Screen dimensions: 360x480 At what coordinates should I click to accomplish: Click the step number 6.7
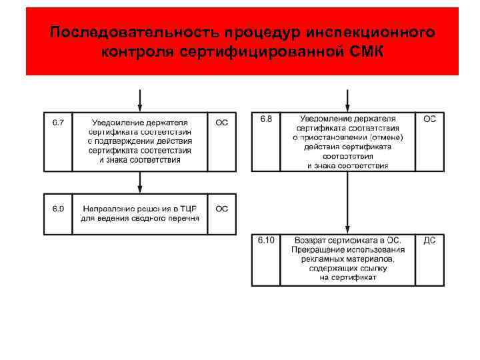pyautogui.click(x=58, y=123)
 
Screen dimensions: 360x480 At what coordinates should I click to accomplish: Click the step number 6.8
pyautogui.click(x=265, y=119)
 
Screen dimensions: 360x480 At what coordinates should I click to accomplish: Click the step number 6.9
pyautogui.click(x=58, y=209)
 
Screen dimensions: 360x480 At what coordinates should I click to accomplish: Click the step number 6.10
pyautogui.click(x=266, y=240)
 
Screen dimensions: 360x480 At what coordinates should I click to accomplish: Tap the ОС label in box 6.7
pyautogui.click(x=221, y=123)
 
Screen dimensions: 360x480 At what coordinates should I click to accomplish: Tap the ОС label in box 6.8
pyautogui.click(x=429, y=119)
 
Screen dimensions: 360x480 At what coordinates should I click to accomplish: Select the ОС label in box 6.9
pyautogui.click(x=221, y=209)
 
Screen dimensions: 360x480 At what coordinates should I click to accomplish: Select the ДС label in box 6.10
pyautogui.click(x=429, y=240)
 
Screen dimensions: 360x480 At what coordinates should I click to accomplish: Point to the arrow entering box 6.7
pyautogui.click(x=139, y=100)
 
